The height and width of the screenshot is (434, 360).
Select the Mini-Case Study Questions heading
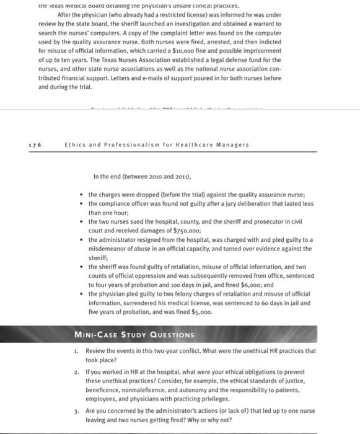tap(133, 335)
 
